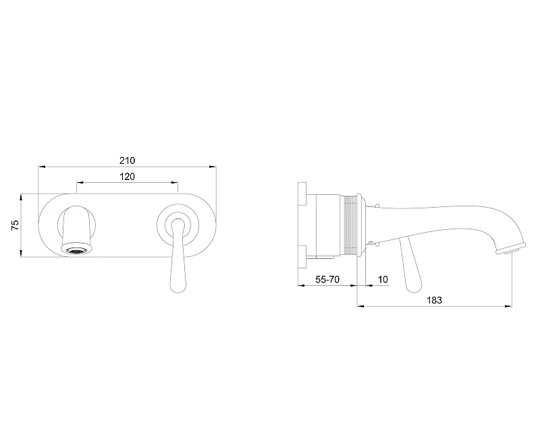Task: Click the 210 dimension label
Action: point(128,161)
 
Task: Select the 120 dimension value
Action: point(127,177)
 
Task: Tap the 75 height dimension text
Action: point(15,225)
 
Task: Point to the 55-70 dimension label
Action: point(327,279)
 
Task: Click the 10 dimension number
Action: point(383,279)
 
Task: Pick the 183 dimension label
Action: point(434,300)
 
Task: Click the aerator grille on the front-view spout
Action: point(76,251)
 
